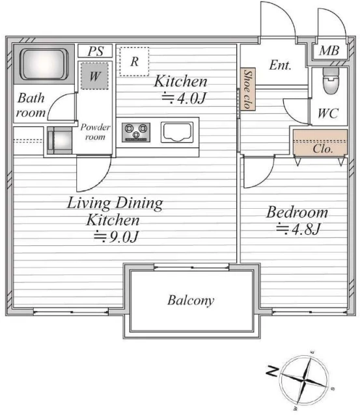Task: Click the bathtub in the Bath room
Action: pos(44,64)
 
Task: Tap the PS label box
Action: pos(95,51)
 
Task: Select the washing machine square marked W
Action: pos(94,76)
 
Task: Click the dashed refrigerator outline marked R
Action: pos(134,61)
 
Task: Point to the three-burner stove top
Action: pos(136,132)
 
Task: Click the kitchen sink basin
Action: pos(177,132)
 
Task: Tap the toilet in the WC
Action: pos(330,81)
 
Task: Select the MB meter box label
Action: pos(329,50)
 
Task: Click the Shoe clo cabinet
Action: pos(247,89)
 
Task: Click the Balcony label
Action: pos(191,301)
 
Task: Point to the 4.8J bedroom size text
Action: pos(299,229)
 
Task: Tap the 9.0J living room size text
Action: pos(116,236)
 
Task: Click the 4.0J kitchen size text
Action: pos(184,98)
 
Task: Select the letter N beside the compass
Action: pos(272,371)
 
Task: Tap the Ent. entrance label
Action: pos(281,65)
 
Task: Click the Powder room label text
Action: pos(95,132)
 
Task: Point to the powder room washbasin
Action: pos(60,141)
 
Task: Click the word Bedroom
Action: pos(297,212)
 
